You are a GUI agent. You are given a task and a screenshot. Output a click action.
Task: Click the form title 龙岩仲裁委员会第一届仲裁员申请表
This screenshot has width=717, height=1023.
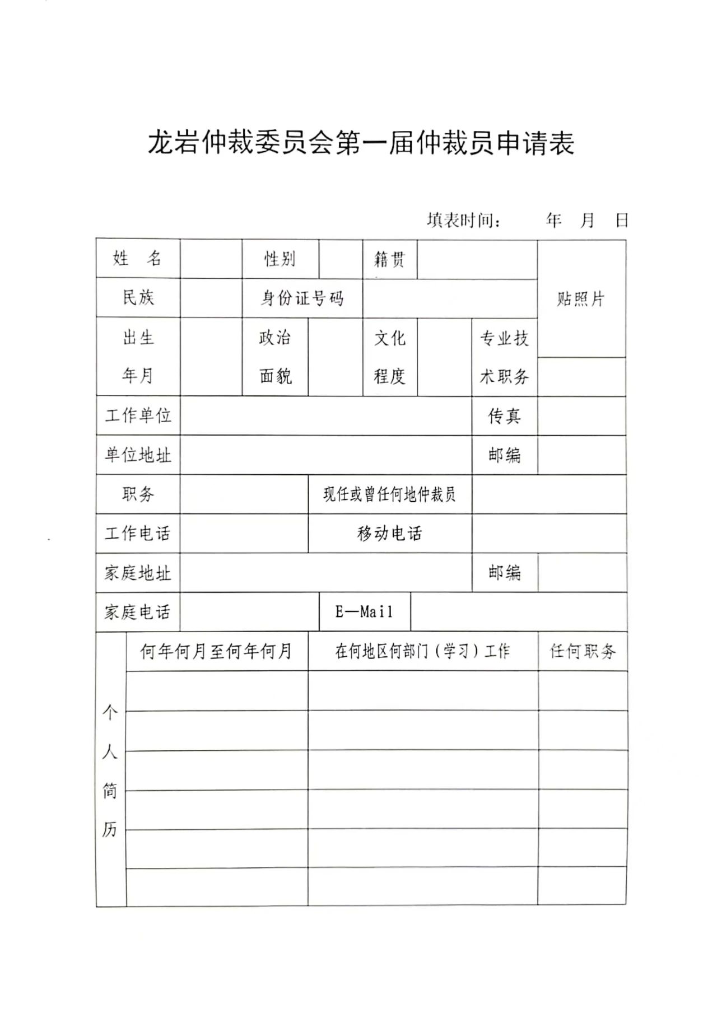click(x=361, y=143)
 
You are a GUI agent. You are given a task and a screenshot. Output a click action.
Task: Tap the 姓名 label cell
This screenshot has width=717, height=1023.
click(x=138, y=259)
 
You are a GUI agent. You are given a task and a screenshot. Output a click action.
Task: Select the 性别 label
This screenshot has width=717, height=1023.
click(x=280, y=259)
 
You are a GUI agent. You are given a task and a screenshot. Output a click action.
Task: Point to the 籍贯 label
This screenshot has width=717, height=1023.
click(x=389, y=259)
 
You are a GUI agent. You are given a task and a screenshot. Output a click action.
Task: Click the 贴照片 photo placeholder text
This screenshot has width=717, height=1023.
click(x=581, y=299)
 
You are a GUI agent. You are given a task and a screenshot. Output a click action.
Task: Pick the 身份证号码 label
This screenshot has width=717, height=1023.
click(x=302, y=298)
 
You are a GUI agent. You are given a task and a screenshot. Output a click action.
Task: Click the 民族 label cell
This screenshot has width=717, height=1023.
click(x=138, y=298)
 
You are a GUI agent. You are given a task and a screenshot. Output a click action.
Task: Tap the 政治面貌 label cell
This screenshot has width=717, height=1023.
click(x=275, y=357)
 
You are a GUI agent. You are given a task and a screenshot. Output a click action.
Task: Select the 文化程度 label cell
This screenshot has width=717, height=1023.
click(x=389, y=357)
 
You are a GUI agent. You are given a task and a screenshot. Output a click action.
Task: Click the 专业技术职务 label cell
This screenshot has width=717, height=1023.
click(x=504, y=357)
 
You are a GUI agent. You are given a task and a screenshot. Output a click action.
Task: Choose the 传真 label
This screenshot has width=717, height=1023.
click(x=504, y=415)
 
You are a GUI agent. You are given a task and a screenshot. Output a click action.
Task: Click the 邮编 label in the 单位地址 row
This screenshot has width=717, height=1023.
click(x=504, y=455)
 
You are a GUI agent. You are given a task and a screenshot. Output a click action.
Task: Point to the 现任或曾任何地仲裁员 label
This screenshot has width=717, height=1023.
click(x=389, y=494)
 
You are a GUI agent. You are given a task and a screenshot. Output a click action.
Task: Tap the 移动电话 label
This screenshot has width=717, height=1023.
click(x=389, y=533)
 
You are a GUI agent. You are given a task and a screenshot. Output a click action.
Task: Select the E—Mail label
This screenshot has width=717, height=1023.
click(x=364, y=612)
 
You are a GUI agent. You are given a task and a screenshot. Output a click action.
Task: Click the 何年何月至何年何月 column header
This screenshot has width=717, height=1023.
click(x=216, y=651)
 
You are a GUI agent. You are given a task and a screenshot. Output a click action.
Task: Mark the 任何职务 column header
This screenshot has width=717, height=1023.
click(x=583, y=651)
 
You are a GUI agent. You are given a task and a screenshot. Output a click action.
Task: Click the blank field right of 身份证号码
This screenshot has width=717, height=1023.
click(x=449, y=298)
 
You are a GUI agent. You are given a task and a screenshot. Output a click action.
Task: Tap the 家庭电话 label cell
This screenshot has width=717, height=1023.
click(x=138, y=612)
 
